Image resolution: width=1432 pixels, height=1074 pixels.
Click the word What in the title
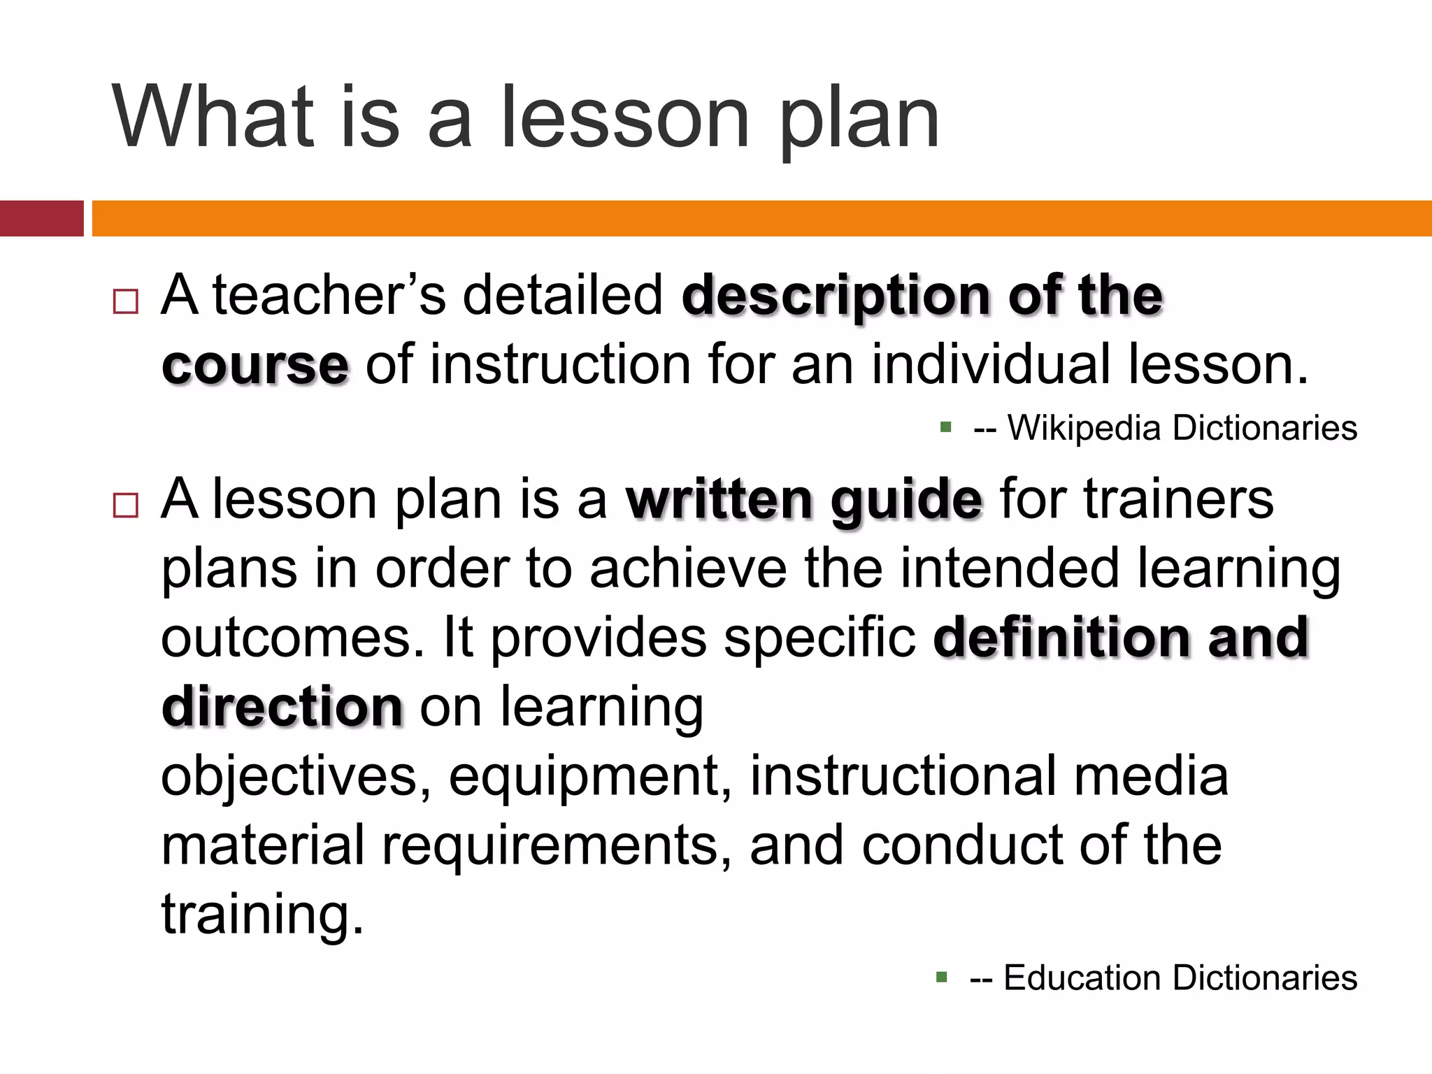213,117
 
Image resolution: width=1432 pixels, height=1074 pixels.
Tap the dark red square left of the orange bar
41,218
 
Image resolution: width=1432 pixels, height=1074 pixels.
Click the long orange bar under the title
761,218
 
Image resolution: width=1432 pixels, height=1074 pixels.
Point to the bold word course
255,365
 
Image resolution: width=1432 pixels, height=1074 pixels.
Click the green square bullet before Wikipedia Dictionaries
946,427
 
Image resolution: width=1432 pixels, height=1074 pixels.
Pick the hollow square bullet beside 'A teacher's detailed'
125,302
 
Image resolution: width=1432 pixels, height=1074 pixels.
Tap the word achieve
688,568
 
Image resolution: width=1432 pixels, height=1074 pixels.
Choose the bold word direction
282,706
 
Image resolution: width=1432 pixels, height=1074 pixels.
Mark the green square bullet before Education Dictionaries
942,977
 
